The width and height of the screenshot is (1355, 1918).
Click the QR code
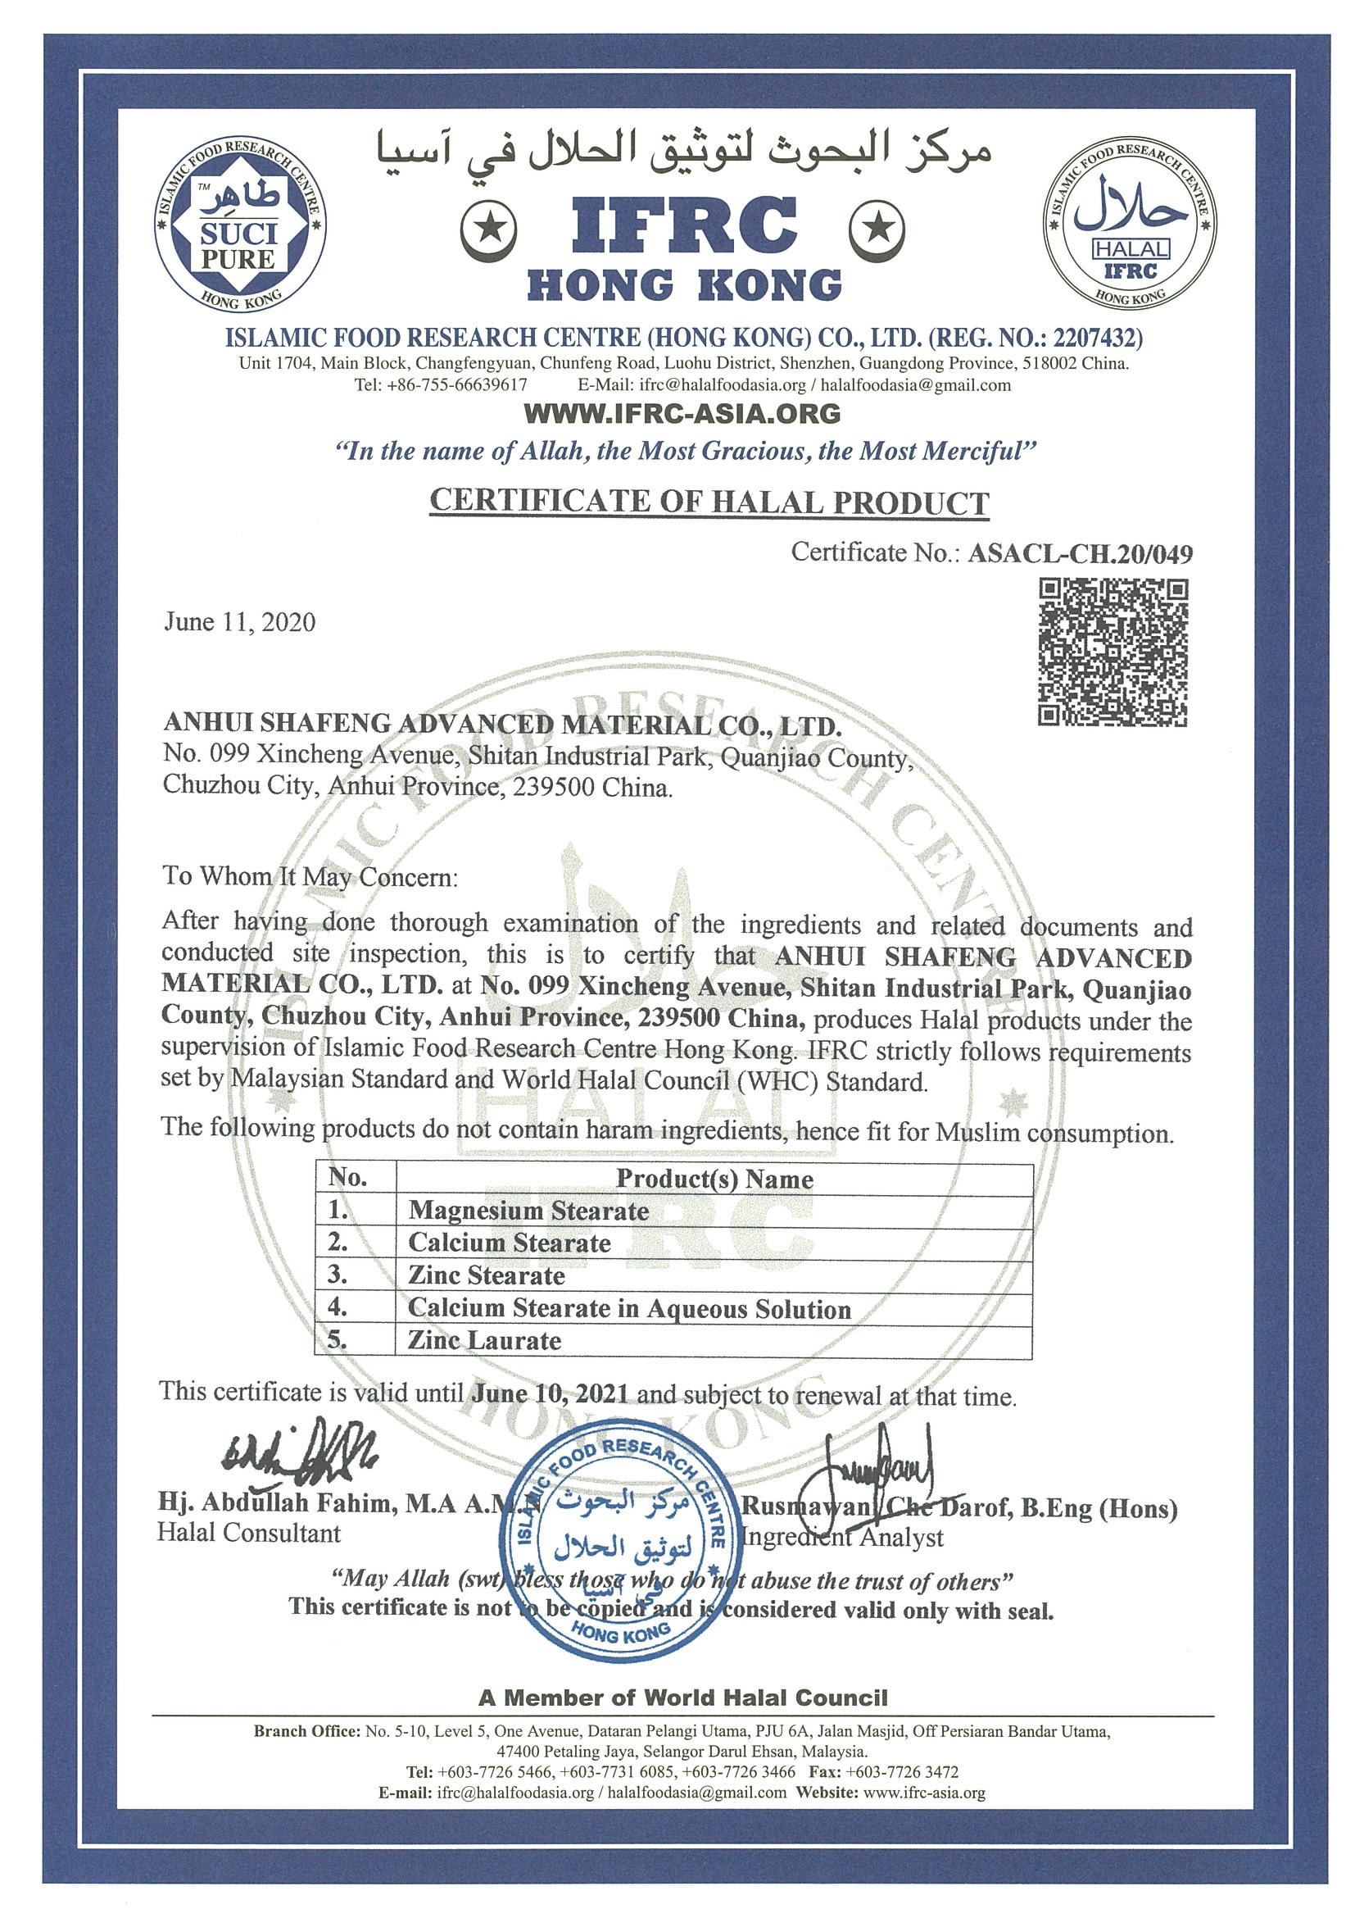click(x=1112, y=652)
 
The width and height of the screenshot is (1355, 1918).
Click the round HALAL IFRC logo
click(x=1129, y=224)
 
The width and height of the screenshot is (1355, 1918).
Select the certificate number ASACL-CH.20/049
click(x=1079, y=554)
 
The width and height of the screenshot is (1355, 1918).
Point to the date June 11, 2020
click(x=239, y=621)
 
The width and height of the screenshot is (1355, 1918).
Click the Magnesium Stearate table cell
click(x=528, y=1211)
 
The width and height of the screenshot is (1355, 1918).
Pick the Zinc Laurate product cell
click(x=484, y=1341)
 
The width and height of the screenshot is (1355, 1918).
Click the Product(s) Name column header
click(x=714, y=1179)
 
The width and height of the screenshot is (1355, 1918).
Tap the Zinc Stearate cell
click(x=486, y=1275)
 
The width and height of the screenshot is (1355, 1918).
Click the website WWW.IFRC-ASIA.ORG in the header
click(x=682, y=412)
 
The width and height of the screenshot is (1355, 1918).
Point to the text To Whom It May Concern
click(x=310, y=876)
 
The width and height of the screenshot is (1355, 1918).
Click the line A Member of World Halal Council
click(x=682, y=1698)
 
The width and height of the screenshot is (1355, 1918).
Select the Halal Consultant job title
click(x=249, y=1533)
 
